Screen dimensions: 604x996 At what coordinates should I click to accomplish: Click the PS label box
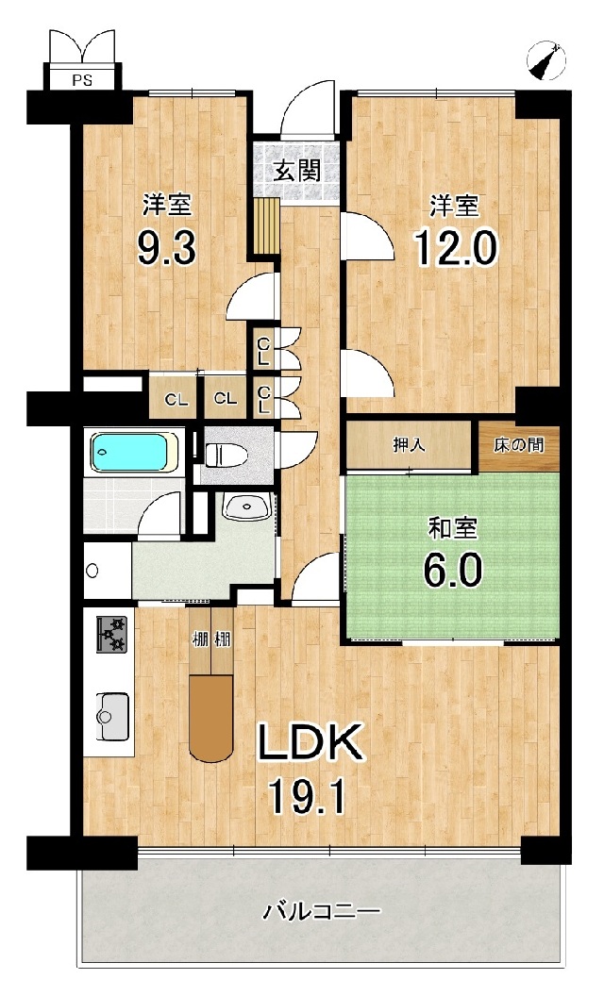[81, 80]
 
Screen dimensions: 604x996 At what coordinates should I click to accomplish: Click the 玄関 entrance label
[297, 170]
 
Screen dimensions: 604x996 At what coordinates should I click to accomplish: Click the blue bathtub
[134, 452]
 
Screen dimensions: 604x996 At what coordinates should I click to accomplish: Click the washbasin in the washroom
[248, 506]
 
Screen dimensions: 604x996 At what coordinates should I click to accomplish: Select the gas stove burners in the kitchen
[114, 633]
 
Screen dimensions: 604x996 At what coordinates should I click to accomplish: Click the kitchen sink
[112, 716]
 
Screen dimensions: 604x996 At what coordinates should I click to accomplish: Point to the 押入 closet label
[410, 444]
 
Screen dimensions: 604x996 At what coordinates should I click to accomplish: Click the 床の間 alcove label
[519, 444]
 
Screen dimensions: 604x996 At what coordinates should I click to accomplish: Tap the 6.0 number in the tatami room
[453, 569]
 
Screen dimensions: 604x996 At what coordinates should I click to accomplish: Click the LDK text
[310, 741]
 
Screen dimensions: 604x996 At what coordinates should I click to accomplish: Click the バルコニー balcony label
[323, 913]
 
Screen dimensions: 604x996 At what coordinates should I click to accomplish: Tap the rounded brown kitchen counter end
[211, 718]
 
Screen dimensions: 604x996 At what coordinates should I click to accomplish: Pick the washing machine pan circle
[92, 570]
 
